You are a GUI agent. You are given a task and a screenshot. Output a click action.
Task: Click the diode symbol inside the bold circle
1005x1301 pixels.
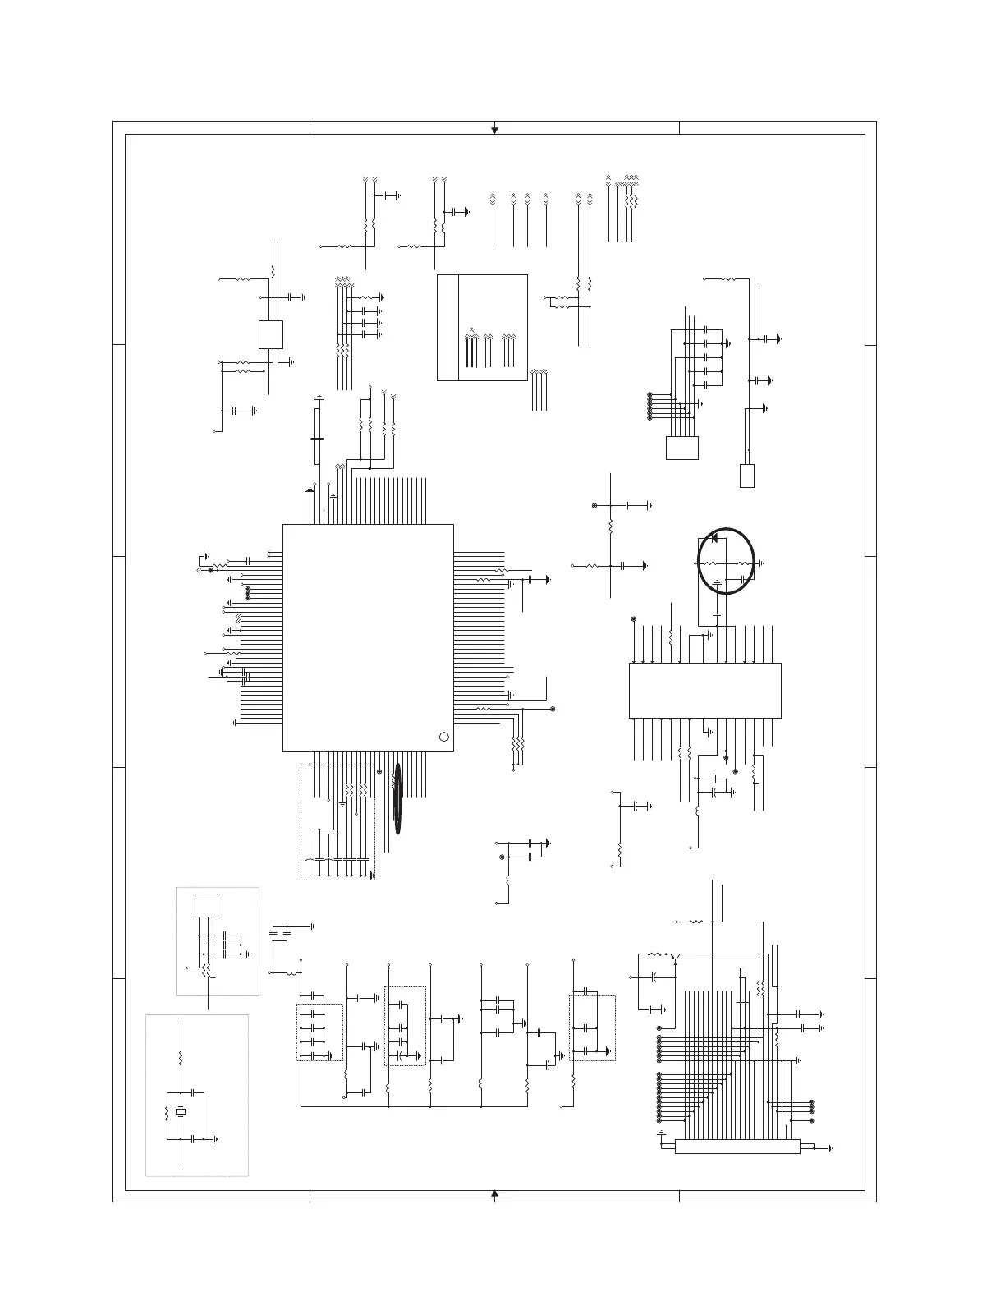(714, 538)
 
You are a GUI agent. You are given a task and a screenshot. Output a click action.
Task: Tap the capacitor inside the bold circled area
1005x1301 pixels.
(743, 580)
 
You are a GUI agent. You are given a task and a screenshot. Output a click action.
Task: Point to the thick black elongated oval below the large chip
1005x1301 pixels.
(397, 798)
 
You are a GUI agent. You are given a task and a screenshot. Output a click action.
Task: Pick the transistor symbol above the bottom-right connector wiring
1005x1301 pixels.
(673, 957)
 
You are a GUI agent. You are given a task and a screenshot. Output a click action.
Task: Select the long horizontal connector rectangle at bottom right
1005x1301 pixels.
(737, 1147)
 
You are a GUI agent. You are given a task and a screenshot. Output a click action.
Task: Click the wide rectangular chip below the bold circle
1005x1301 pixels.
(704, 690)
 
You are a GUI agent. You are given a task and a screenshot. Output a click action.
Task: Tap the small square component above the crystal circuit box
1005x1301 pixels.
(206, 904)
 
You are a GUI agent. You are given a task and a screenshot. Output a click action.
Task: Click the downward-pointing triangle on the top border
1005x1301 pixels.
(494, 129)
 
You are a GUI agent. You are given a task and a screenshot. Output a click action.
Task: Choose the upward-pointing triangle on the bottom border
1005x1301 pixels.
(494, 1193)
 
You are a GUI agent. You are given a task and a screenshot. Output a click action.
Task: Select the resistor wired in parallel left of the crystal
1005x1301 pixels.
(167, 1113)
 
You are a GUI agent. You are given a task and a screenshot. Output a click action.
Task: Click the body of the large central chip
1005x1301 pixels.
(368, 637)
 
